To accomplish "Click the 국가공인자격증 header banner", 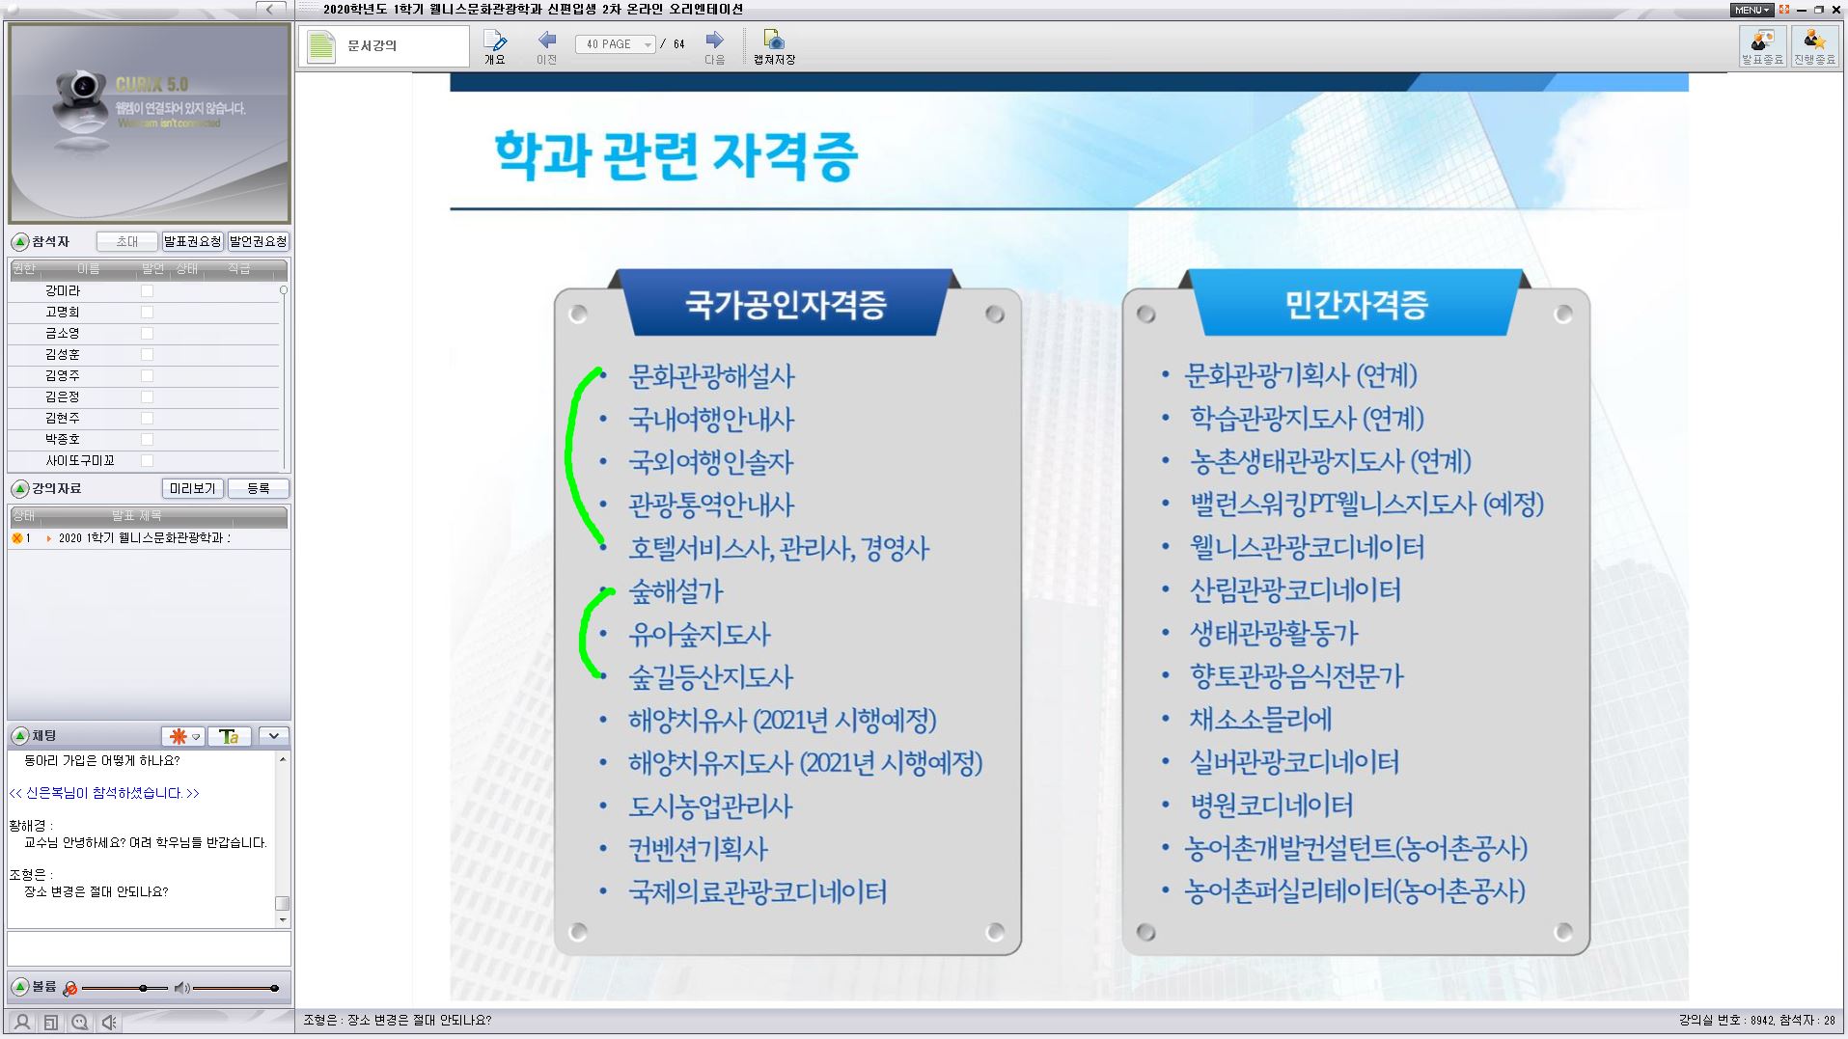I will coord(785,305).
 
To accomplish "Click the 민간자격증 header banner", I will coord(1356,305).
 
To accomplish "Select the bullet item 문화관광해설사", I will coord(711,376).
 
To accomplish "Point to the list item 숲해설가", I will coord(676,591).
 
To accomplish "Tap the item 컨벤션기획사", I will coord(698,849).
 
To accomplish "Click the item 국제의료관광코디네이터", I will coord(758,891).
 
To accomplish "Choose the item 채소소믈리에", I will coord(1260,720).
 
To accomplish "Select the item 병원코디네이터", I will coord(1271,806).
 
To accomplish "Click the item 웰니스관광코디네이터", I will coord(1307,548).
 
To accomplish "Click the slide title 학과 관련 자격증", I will coord(676,156).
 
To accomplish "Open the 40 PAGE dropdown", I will coord(648,45).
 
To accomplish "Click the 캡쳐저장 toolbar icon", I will coord(774,45).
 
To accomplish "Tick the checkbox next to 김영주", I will coord(147,376).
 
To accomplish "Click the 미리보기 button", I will coord(192,489).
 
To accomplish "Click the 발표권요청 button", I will coord(192,242).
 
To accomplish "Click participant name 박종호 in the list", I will coord(63,440).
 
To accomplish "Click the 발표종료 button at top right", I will coord(1762,45).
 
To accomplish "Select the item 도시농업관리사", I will coord(710,807).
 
